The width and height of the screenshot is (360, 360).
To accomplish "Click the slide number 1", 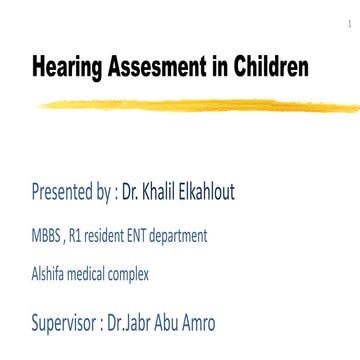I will pos(347,18).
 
